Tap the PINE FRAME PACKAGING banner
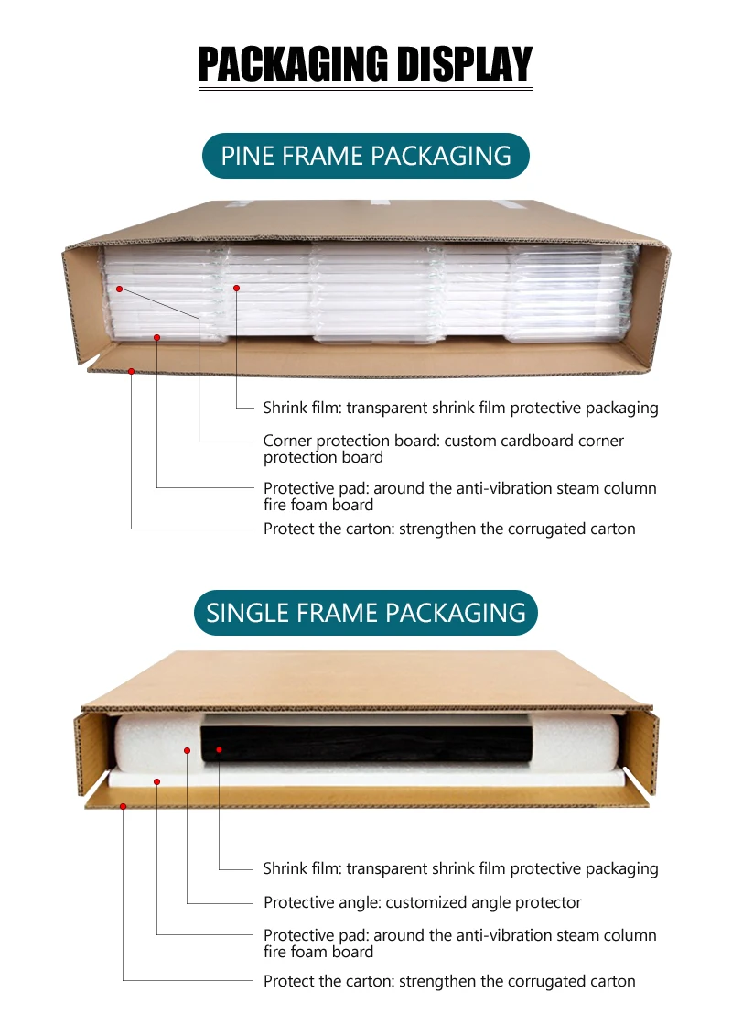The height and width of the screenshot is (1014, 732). (366, 156)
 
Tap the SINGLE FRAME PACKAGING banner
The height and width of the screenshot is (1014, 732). (366, 613)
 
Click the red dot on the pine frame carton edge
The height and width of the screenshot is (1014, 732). (132, 371)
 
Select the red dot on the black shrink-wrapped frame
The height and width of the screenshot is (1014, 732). (219, 750)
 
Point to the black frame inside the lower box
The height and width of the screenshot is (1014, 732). (366, 744)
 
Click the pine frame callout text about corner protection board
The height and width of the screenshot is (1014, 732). (443, 449)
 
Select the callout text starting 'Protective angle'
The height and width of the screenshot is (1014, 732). (422, 902)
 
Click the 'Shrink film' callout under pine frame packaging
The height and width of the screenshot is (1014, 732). (460, 408)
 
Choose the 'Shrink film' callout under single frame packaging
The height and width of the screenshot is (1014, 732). (460, 868)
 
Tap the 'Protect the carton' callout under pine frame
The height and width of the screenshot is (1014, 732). (449, 529)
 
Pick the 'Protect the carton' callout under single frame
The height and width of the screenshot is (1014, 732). (449, 981)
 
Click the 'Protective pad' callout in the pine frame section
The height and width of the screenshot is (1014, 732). (459, 496)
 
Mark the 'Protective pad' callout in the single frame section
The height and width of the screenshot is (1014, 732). (459, 943)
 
